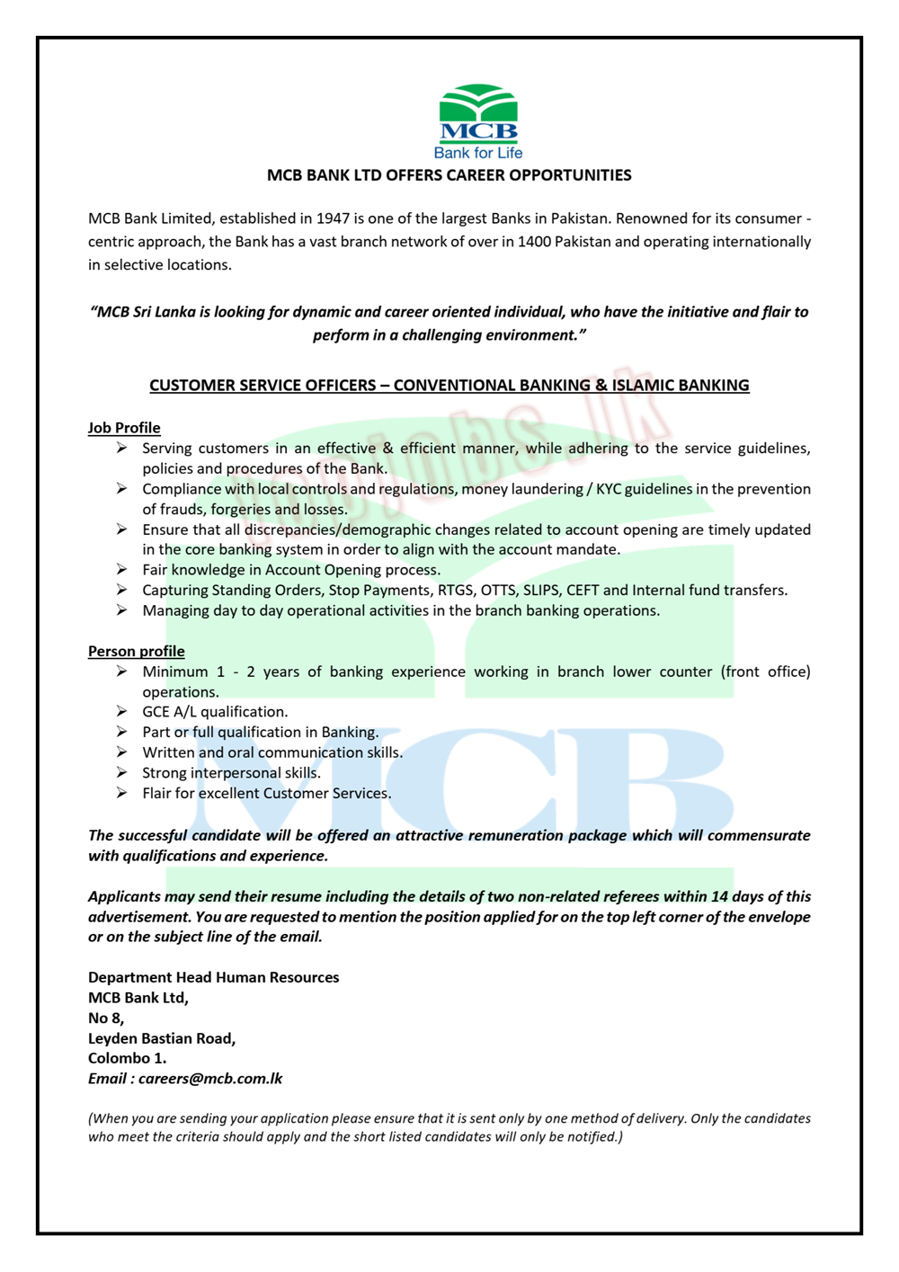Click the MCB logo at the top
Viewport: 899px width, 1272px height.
pyautogui.click(x=478, y=114)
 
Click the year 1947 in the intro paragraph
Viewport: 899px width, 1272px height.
pyautogui.click(x=334, y=218)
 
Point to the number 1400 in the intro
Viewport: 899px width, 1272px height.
pyautogui.click(x=534, y=242)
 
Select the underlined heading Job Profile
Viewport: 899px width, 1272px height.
pyautogui.click(x=124, y=428)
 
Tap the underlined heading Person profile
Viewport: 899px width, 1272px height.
pyautogui.click(x=136, y=651)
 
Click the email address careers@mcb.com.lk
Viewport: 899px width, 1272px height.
pyautogui.click(x=210, y=1078)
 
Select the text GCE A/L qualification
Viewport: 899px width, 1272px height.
pyautogui.click(x=215, y=712)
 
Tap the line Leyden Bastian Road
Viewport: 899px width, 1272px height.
pyautogui.click(x=162, y=1038)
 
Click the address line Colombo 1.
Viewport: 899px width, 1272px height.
pyautogui.click(x=127, y=1058)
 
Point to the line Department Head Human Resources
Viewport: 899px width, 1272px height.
pyautogui.click(x=213, y=977)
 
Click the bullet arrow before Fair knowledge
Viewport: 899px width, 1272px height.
pyautogui.click(x=121, y=570)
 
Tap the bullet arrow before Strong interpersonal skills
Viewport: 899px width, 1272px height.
pyautogui.click(x=121, y=773)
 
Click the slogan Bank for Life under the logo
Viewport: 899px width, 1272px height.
pyautogui.click(x=478, y=153)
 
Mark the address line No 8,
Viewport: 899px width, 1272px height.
pyautogui.click(x=106, y=1018)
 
